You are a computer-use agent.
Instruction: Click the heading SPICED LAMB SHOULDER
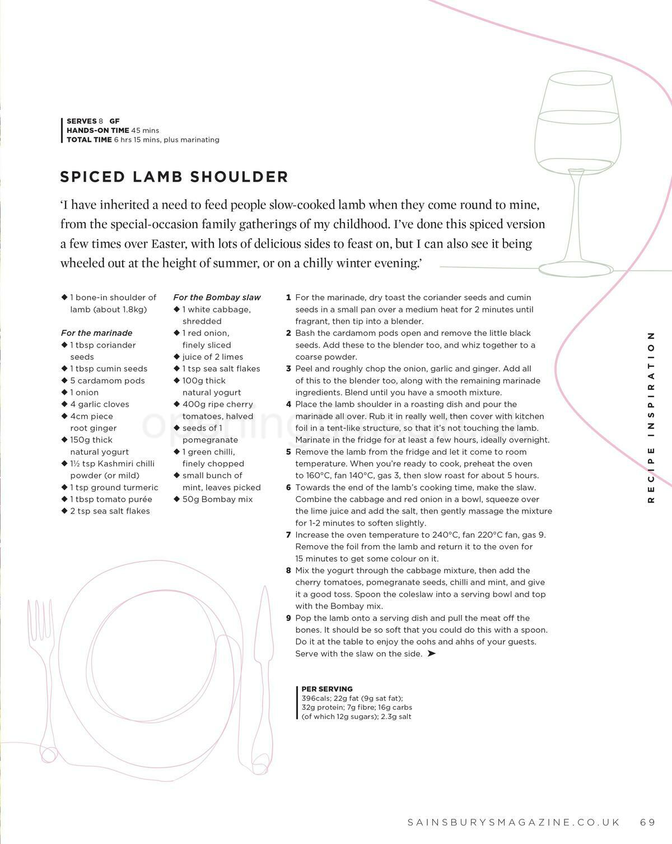click(174, 177)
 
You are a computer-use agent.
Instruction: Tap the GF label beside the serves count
click(114, 121)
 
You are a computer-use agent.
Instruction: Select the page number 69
click(647, 822)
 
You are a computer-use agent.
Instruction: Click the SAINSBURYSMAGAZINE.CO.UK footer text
click(514, 822)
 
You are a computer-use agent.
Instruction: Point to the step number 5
click(289, 452)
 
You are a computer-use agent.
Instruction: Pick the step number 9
click(289, 618)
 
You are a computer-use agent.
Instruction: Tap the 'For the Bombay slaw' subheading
click(217, 298)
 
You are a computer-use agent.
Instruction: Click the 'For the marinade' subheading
click(96, 333)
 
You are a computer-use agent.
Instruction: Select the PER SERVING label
click(327, 689)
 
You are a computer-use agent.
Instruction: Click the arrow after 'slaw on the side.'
click(431, 653)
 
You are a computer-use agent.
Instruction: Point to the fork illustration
click(43, 673)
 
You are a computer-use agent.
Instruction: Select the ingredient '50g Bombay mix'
click(217, 499)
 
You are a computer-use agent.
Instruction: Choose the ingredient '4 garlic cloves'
click(99, 405)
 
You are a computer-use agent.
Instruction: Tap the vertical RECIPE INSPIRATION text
click(651, 417)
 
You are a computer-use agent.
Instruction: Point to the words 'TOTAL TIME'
click(89, 140)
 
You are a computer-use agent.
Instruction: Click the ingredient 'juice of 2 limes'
click(212, 357)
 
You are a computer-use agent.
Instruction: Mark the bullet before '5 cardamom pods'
click(64, 381)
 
